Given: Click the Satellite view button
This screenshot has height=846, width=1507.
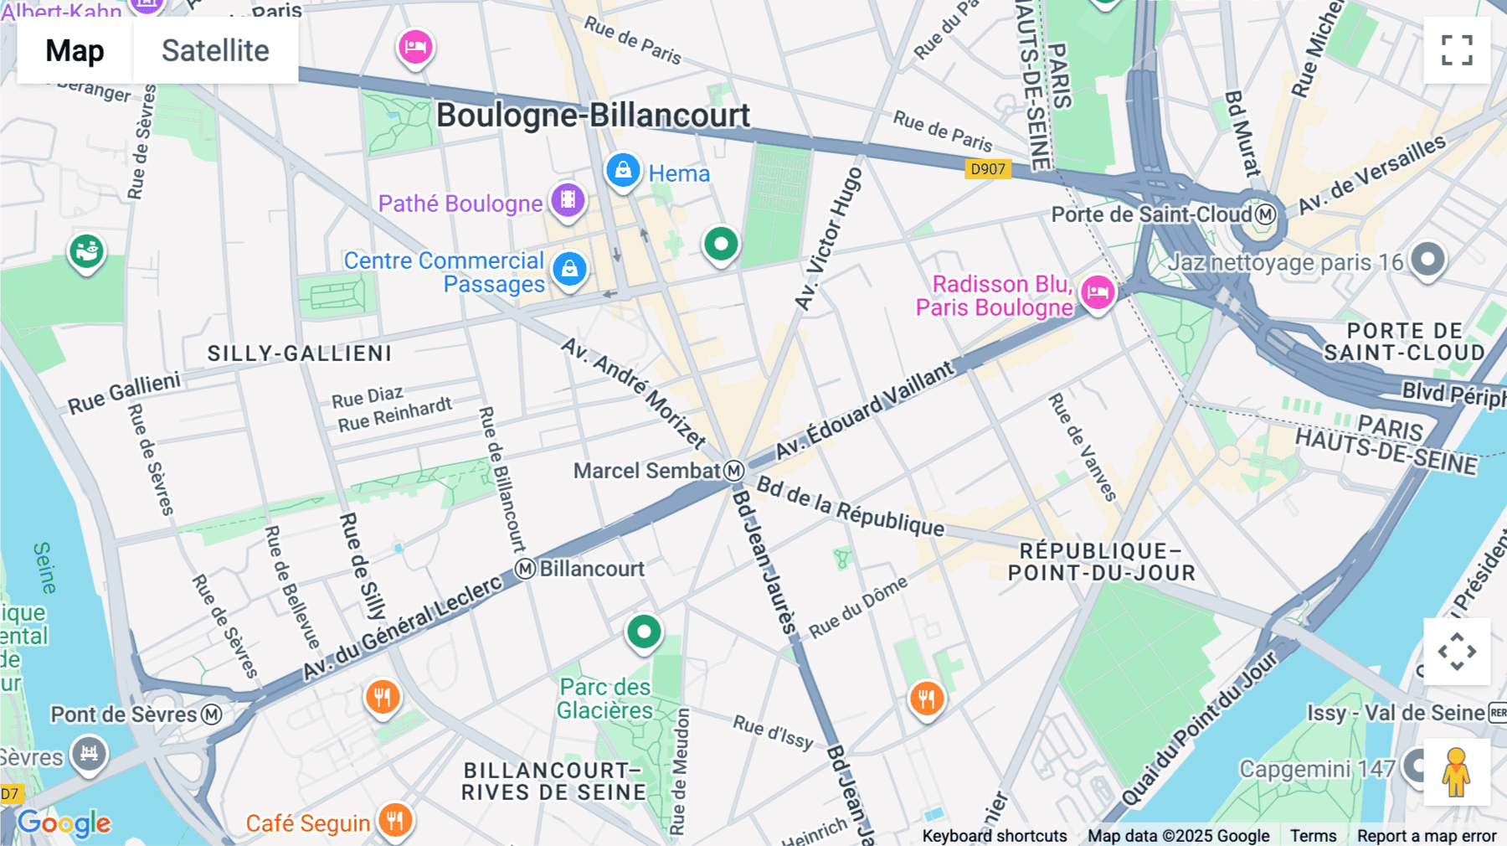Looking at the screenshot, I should (x=215, y=51).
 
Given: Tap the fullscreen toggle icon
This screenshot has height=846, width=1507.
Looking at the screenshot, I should (x=1456, y=50).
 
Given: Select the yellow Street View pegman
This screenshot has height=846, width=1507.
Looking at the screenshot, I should (x=1456, y=771).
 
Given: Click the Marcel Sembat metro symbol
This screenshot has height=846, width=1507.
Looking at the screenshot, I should (x=733, y=471).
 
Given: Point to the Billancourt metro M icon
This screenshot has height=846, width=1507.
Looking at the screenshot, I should (x=525, y=569).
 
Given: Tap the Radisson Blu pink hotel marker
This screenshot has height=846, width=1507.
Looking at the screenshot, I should (x=1097, y=292).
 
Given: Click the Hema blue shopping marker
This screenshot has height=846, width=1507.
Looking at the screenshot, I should (x=623, y=171).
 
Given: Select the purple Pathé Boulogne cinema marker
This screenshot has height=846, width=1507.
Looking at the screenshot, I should (x=568, y=200).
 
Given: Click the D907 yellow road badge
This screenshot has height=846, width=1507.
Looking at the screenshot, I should (x=987, y=169).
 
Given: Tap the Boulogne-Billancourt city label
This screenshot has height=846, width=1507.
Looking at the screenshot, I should (x=593, y=116).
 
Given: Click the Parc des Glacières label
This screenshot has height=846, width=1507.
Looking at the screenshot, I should (x=604, y=699).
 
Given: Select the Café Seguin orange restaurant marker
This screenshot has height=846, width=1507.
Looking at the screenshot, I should (x=394, y=820).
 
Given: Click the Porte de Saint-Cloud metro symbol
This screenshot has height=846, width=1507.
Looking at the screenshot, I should (x=1265, y=214).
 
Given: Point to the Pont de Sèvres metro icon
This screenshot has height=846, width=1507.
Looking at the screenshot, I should (x=212, y=714).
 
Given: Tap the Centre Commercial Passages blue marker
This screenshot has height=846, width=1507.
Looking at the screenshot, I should (x=569, y=269).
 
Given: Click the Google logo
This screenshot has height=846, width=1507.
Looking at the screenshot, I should (x=64, y=823).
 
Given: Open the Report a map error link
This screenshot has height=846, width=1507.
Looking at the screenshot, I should (x=1426, y=835).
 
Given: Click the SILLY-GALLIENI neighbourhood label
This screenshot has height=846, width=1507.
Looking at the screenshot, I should (x=300, y=353).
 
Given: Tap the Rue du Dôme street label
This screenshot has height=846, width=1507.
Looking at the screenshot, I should (x=858, y=608).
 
